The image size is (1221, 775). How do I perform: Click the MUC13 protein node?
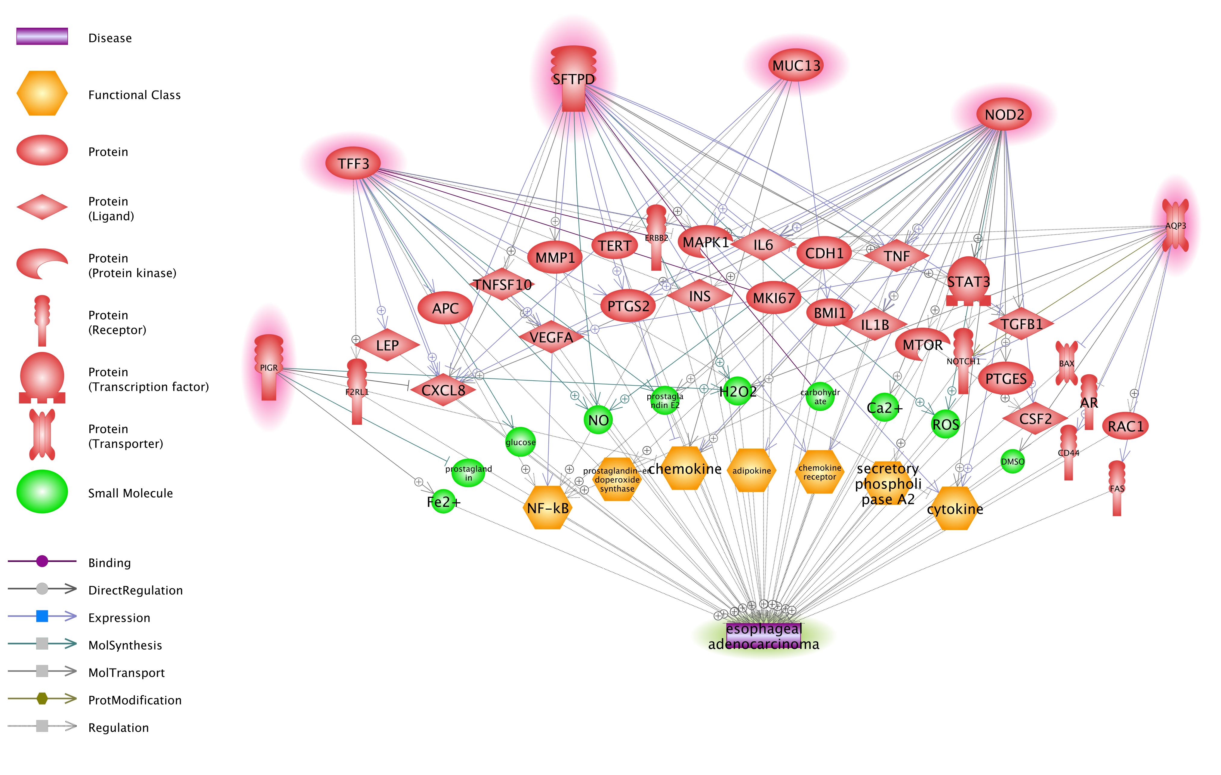(796, 65)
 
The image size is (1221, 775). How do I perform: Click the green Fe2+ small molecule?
(443, 502)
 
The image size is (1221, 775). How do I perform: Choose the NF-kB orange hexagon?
(547, 508)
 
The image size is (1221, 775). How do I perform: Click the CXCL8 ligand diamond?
(443, 390)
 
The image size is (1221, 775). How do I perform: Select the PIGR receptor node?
(269, 367)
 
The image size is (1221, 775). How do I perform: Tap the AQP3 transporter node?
(1175, 226)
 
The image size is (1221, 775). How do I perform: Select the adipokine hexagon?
(751, 470)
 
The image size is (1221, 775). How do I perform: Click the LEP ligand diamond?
(387, 345)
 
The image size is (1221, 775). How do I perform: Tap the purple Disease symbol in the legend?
(42, 36)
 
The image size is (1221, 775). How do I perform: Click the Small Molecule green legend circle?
(42, 492)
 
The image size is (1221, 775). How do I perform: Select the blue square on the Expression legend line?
(42, 616)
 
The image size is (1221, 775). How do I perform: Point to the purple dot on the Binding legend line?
(42, 561)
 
